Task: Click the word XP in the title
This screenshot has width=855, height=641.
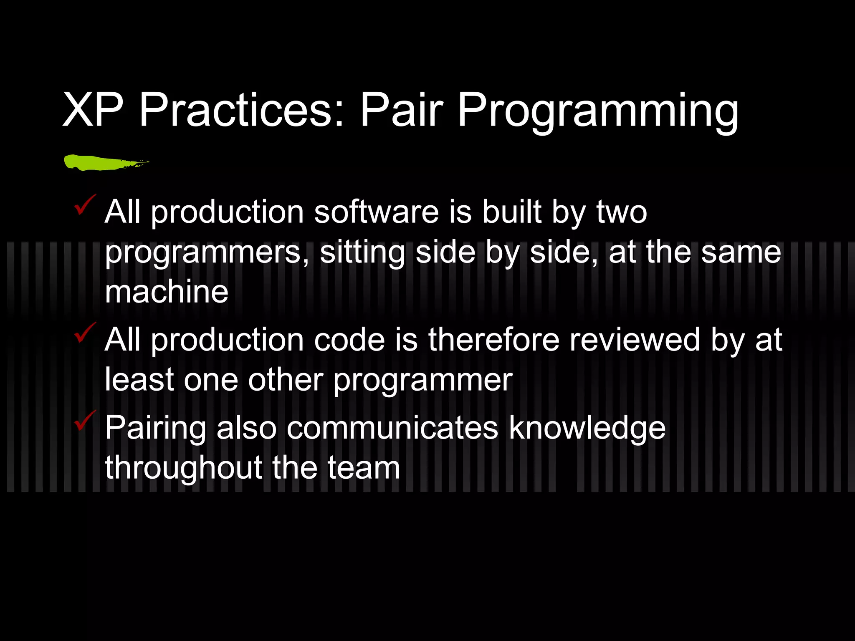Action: point(93,111)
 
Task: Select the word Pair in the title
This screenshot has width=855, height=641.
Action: point(401,111)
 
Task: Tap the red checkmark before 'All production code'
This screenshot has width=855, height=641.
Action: point(84,333)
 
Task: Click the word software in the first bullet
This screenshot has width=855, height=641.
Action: point(376,212)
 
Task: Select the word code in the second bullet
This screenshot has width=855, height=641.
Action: point(349,340)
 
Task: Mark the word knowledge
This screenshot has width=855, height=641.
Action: point(587,429)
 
